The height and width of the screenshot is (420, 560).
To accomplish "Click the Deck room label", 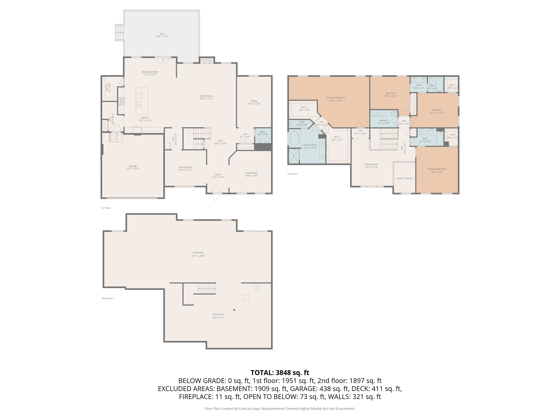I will (162, 34).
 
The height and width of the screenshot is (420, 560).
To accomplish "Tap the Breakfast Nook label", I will (150, 72).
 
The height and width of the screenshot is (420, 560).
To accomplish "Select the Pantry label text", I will (107, 87).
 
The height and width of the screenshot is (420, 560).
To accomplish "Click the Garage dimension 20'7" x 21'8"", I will (133, 169).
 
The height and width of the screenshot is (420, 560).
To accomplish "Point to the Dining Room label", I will (185, 167).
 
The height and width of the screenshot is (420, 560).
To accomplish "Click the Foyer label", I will (218, 174).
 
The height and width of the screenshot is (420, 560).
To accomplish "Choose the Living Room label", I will (251, 173).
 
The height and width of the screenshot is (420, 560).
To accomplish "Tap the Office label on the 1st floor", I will (254, 101).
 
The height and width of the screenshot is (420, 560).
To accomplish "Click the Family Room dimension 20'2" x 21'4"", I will (206, 99).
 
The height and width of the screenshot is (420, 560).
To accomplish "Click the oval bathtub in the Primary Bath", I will (294, 139).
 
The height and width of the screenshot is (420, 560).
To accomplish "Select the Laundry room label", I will (384, 120).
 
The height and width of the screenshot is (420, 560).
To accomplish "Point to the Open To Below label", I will (404, 178).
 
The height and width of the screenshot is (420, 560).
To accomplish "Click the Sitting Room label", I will (371, 164).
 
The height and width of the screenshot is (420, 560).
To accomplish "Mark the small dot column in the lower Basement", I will (234, 310).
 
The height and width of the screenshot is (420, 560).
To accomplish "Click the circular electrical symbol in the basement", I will (257, 287).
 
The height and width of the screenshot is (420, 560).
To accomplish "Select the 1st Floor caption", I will (106, 208).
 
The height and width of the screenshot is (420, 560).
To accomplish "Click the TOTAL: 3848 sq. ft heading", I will (280, 373).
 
